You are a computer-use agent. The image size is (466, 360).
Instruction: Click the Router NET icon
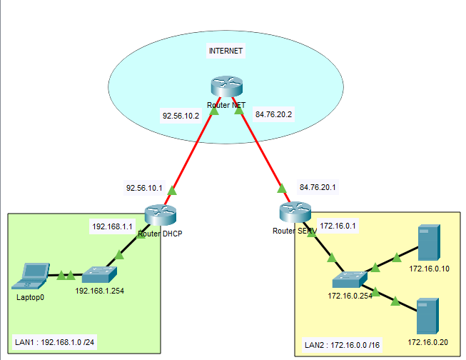[x=228, y=86]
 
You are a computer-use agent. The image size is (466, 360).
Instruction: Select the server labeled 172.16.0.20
[x=427, y=316]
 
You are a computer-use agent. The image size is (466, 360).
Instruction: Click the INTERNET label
[x=226, y=51]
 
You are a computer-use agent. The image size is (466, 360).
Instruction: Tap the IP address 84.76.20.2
[x=274, y=114]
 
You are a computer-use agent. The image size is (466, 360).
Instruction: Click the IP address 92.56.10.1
[x=144, y=189]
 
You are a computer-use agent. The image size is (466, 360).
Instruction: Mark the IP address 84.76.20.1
[x=318, y=187]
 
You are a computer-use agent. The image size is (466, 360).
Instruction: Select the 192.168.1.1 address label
[x=113, y=226]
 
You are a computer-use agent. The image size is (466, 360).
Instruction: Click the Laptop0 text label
[x=30, y=296]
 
